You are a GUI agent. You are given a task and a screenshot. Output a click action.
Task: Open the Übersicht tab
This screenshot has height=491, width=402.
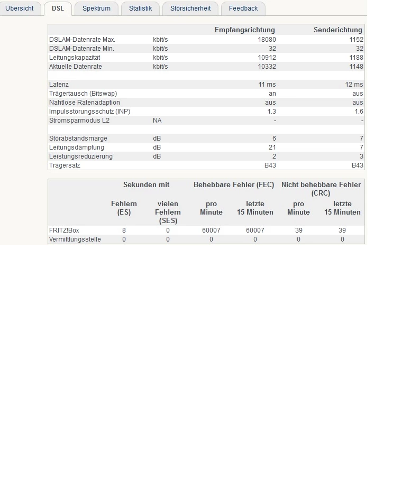pos(20,8)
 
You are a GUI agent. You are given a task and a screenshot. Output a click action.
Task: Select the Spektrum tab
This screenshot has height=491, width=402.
pos(96,8)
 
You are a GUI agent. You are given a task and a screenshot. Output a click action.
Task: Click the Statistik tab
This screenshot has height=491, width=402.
pos(140,8)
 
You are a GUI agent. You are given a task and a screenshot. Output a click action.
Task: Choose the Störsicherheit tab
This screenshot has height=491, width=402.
pos(190,8)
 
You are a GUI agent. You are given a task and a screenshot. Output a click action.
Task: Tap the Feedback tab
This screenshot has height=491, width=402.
pos(243,8)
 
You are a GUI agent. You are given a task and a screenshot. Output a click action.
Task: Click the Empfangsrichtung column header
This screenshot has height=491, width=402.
pos(244,30)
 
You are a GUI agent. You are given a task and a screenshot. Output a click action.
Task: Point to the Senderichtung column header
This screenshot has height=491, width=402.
pos(337,30)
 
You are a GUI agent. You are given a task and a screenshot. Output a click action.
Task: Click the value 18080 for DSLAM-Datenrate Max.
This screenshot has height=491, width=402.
pos(267,40)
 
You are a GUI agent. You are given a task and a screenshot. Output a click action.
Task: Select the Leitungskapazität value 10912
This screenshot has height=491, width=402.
pos(267,58)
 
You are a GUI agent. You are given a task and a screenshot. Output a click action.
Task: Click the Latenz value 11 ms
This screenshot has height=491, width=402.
pos(267,85)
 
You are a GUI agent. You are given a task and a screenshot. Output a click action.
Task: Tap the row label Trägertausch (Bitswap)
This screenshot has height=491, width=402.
pos(83,94)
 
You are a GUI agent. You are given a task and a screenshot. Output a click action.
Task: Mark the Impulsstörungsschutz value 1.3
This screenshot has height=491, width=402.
pos(271,112)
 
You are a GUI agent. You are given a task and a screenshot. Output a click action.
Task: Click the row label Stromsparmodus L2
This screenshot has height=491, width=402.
pos(79,121)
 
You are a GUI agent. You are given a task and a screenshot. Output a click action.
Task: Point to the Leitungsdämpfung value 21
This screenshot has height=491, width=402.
pos(272,147)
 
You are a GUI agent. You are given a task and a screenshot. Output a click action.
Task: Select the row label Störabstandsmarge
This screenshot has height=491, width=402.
pos(78,138)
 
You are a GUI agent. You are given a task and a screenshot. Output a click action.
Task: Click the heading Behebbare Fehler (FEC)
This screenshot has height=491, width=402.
pos(234,185)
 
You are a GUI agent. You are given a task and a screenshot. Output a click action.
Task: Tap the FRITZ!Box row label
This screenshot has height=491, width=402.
pos(64,230)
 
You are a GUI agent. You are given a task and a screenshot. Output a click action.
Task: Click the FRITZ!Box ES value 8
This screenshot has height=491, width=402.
pos(124,230)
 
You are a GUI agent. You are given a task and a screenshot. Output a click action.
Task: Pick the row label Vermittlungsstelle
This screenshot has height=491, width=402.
pos(75,239)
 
